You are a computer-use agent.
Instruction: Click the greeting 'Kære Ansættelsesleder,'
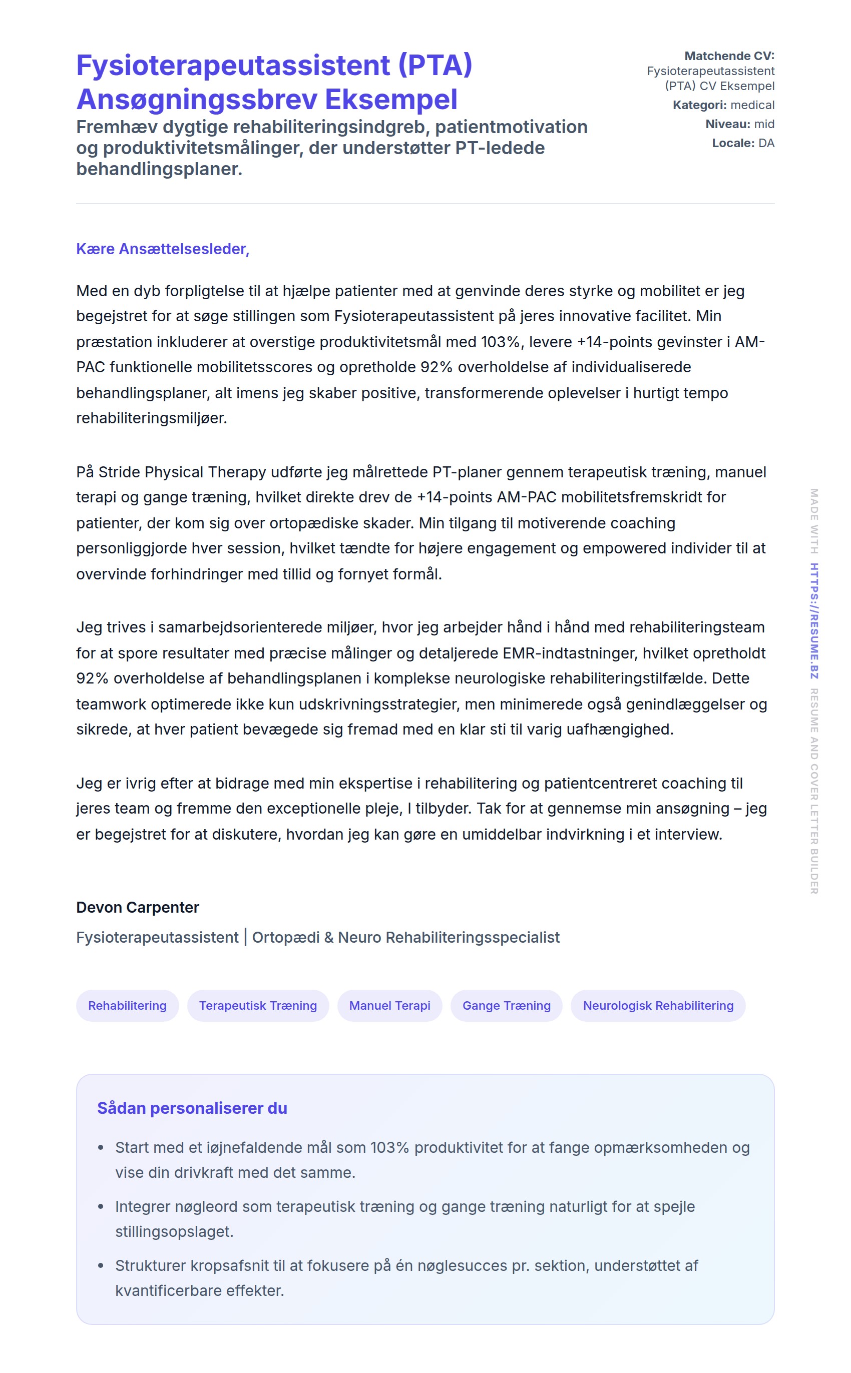[x=163, y=249]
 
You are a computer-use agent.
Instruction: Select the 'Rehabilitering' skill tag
[x=127, y=1006]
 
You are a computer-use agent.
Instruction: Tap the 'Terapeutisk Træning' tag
[x=258, y=1006]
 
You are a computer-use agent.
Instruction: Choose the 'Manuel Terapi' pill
[x=389, y=1006]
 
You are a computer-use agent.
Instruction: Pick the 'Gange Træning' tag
[x=506, y=1006]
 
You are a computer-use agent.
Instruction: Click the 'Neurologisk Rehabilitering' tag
[x=658, y=1006]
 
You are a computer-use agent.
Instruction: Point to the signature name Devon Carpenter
[x=137, y=907]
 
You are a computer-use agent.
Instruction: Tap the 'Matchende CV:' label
[x=729, y=56]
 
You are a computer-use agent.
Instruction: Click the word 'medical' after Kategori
[x=752, y=105]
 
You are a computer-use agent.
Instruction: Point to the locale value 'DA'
[x=766, y=144]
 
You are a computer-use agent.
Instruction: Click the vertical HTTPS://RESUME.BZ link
[x=814, y=621]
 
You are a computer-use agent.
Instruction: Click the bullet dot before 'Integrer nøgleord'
[x=101, y=1206]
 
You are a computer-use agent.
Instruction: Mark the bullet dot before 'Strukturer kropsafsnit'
[x=101, y=1265]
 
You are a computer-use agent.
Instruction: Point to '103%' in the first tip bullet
[x=389, y=1147]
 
